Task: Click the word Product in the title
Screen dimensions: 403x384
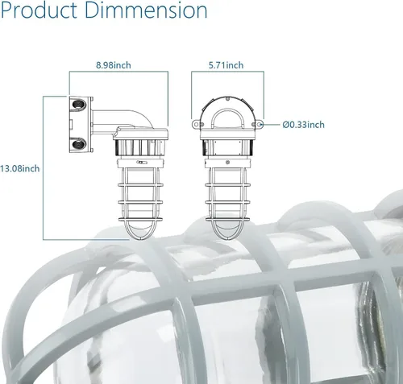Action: tap(39, 10)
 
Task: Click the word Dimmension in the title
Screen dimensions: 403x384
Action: tap(146, 10)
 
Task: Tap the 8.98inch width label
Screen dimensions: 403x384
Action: tap(114, 65)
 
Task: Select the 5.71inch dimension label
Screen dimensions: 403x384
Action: tap(226, 65)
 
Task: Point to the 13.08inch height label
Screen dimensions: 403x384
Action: tap(20, 169)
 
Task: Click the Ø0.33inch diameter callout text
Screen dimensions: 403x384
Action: tap(304, 125)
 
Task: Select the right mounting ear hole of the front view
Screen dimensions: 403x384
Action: tap(260, 124)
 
